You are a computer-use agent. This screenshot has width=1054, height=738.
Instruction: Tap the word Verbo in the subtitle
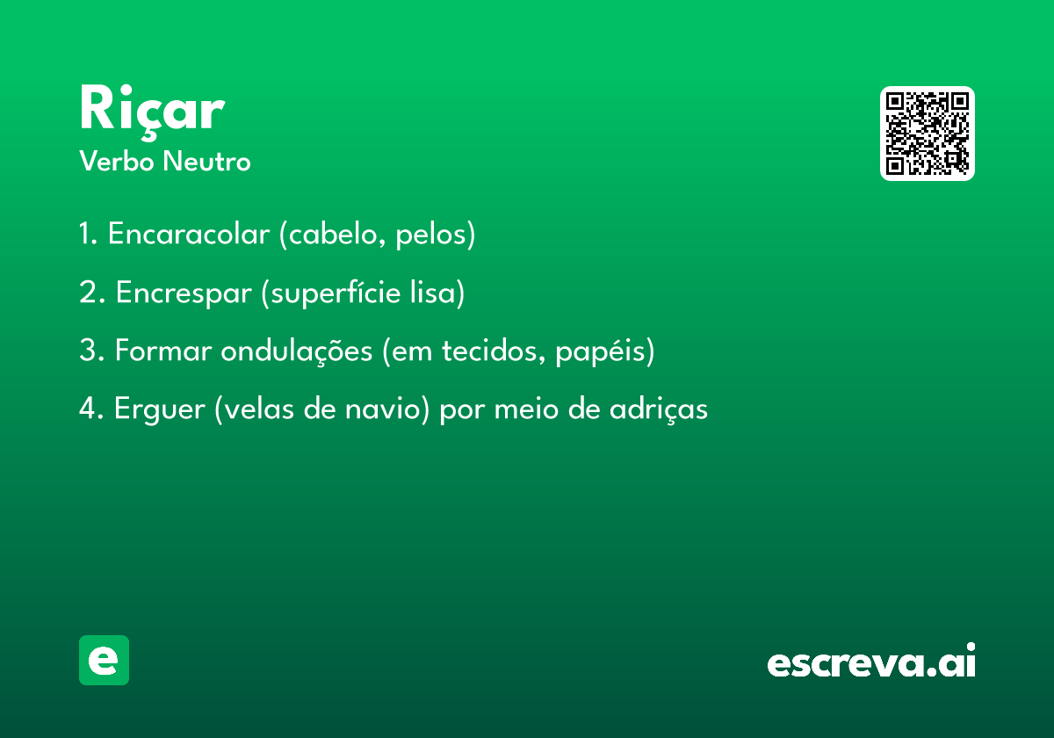[x=117, y=162]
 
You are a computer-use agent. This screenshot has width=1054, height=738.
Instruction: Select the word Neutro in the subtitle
[x=206, y=162]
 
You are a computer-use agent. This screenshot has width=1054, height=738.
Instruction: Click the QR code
[x=927, y=134]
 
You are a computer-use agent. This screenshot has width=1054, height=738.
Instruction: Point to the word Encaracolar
[x=189, y=234]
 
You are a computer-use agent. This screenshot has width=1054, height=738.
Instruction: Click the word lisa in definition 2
[x=432, y=293]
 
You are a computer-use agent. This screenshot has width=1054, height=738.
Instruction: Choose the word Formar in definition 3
[x=163, y=351]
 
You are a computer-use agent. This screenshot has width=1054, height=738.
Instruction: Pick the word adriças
[x=659, y=409]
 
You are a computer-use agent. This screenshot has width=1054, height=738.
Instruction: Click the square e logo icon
[x=104, y=660]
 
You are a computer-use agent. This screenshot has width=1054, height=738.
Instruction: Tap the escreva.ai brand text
[x=871, y=661]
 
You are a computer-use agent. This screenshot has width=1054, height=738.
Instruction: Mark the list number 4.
[x=89, y=408]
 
